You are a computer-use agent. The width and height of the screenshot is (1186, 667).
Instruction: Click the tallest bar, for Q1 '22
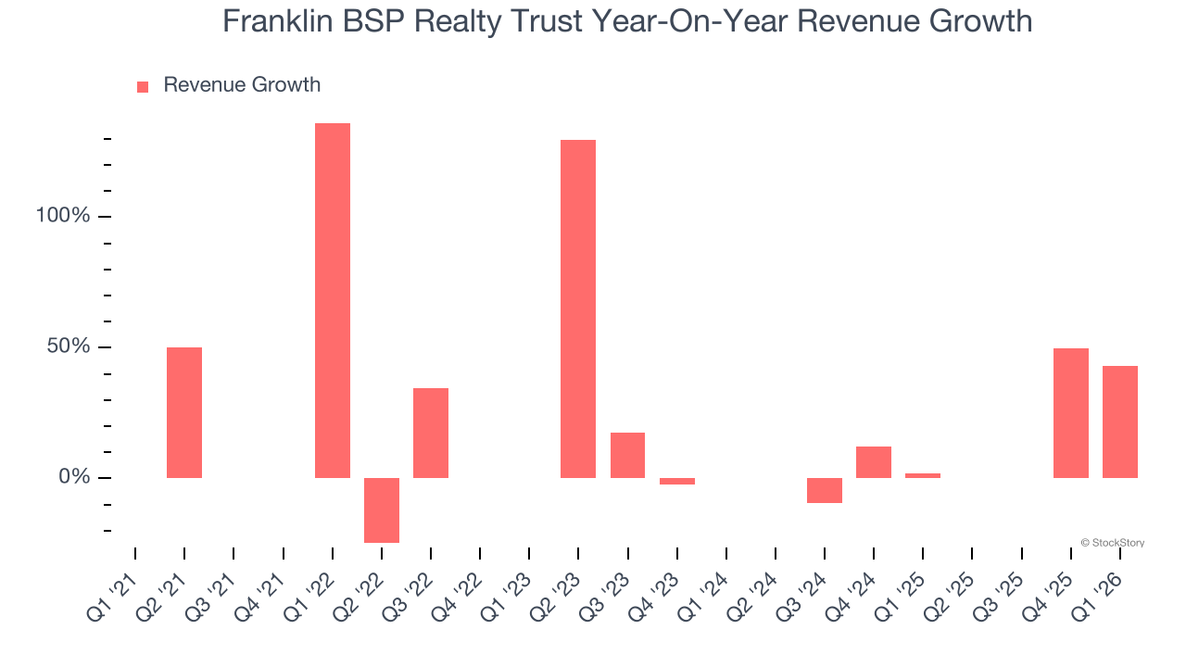(333, 300)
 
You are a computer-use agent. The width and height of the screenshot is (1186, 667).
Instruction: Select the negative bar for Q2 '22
(382, 510)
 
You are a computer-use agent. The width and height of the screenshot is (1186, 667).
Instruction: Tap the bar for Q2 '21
(184, 412)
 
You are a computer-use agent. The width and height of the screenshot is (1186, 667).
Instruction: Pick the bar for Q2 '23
(578, 308)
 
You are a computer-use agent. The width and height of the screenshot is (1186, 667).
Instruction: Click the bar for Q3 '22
(431, 433)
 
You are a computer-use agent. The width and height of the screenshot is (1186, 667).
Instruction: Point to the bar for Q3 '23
(628, 455)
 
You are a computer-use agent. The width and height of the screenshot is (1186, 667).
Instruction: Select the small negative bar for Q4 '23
(677, 481)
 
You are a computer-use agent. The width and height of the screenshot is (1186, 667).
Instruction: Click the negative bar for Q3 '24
(825, 490)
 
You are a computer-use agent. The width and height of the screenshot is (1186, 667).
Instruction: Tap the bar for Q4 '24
(874, 462)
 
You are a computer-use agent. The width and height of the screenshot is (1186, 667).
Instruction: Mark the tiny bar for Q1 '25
(923, 475)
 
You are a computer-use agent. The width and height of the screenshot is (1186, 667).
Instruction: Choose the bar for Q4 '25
(1071, 413)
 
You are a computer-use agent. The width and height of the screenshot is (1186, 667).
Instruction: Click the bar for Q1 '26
(1120, 422)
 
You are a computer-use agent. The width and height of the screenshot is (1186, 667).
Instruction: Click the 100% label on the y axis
(62, 216)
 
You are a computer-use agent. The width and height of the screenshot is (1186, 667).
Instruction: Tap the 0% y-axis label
(73, 477)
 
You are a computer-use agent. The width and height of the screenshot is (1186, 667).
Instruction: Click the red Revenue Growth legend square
(143, 87)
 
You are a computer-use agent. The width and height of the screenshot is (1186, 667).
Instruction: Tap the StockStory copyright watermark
(1113, 543)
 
